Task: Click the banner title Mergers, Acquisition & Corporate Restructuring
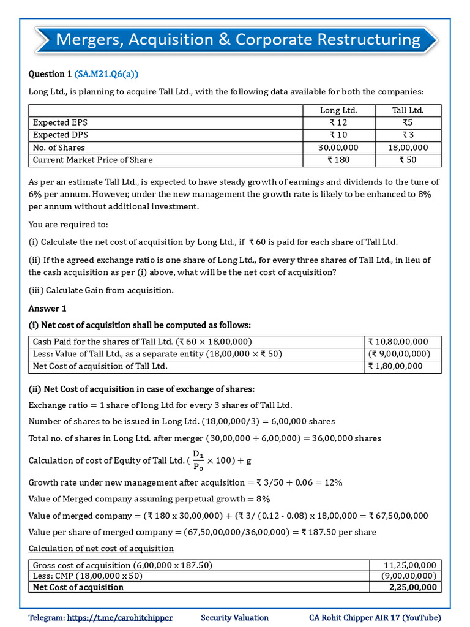(237, 40)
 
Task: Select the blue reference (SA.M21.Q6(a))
(106, 74)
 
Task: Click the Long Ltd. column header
(338, 110)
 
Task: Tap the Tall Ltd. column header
(408, 110)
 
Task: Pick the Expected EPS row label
(60, 122)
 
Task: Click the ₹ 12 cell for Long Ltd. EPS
(338, 122)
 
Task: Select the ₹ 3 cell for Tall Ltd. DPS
(408, 135)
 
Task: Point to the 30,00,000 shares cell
(338, 148)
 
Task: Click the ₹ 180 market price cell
(338, 160)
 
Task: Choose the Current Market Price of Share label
(93, 160)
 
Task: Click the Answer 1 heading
(48, 308)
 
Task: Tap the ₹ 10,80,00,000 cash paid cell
(398, 342)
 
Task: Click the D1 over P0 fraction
(198, 460)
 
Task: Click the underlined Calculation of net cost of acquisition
(102, 548)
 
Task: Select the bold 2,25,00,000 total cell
(412, 587)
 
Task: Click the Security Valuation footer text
(234, 618)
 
